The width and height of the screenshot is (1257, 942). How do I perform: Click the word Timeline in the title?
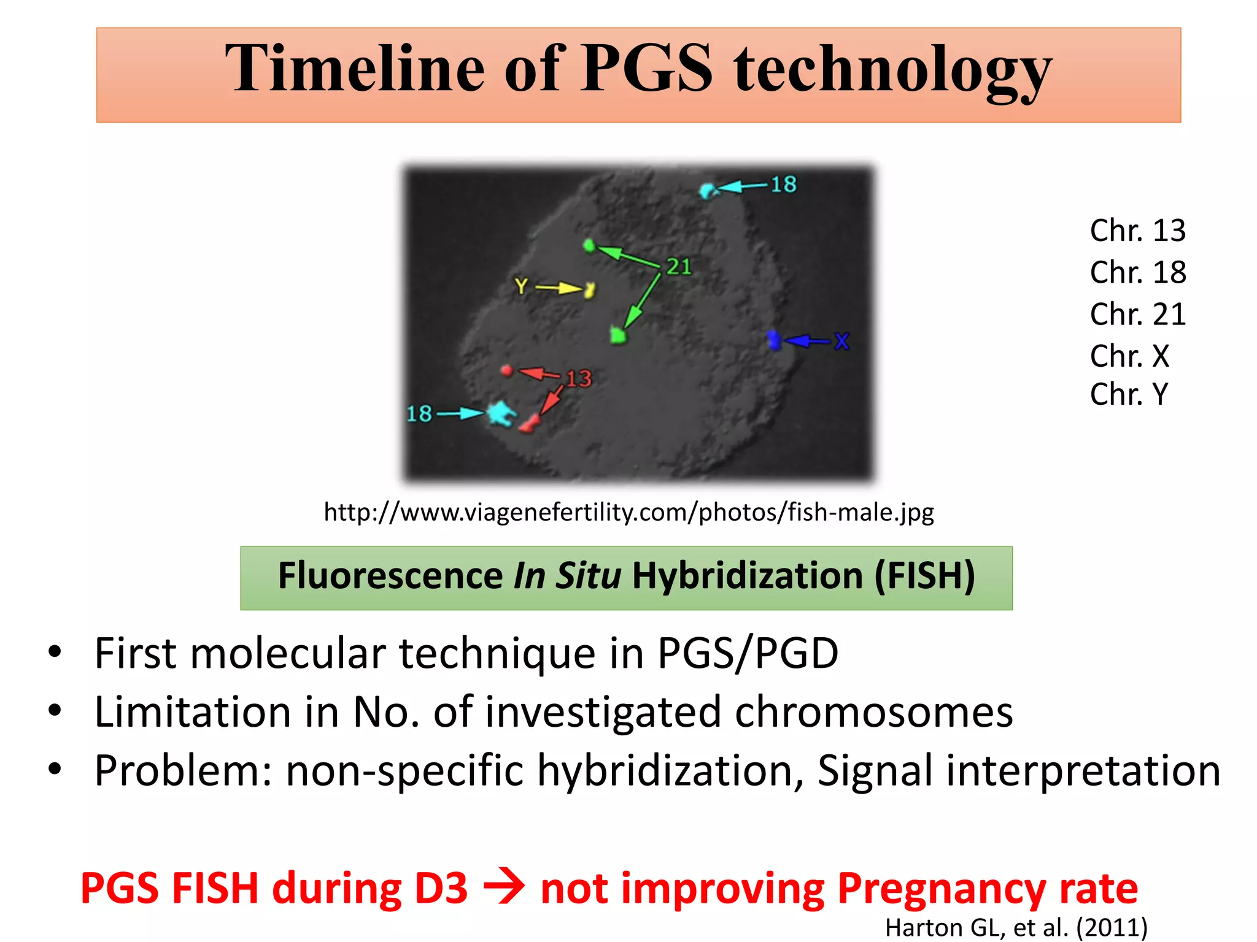click(x=355, y=69)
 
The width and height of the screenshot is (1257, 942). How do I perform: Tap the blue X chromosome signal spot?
click(x=774, y=340)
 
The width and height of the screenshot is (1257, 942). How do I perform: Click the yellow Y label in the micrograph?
click(x=521, y=286)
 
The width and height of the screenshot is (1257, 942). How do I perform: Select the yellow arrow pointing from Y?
click(x=559, y=288)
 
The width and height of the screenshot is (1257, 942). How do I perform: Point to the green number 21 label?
click(x=679, y=267)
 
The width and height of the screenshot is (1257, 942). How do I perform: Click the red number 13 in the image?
click(x=578, y=379)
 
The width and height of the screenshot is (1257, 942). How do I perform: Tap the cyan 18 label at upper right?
click(x=783, y=185)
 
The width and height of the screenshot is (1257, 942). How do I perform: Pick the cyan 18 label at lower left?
click(x=419, y=414)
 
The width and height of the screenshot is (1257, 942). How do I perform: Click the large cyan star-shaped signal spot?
click(x=501, y=414)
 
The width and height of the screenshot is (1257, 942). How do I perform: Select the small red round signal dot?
click(x=506, y=370)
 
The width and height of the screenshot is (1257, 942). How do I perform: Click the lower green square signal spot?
click(x=618, y=335)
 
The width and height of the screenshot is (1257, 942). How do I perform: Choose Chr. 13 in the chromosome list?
click(x=1137, y=231)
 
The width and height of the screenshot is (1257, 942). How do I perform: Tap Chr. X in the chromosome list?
click(x=1129, y=356)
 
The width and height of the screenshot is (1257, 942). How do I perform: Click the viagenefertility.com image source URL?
click(x=628, y=512)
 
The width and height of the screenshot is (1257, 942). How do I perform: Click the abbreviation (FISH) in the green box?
click(x=924, y=576)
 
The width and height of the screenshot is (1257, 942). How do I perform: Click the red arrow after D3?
click(x=504, y=887)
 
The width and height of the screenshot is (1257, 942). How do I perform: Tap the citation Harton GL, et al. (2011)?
click(x=1016, y=927)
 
